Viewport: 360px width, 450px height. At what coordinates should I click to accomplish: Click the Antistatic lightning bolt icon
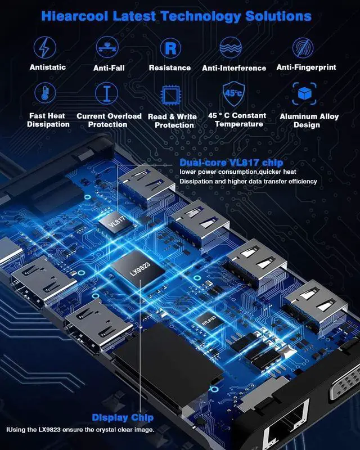(44, 47)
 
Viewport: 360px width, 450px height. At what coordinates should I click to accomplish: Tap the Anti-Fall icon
(109, 47)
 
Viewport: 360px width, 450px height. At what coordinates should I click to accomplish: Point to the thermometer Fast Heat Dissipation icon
(44, 93)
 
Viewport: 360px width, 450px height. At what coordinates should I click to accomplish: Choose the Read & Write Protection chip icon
(171, 94)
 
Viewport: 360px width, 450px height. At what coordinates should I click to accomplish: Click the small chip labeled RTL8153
(206, 321)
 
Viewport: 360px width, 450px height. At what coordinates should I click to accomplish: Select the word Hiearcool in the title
(79, 16)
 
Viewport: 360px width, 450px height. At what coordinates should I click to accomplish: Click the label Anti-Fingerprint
(306, 67)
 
